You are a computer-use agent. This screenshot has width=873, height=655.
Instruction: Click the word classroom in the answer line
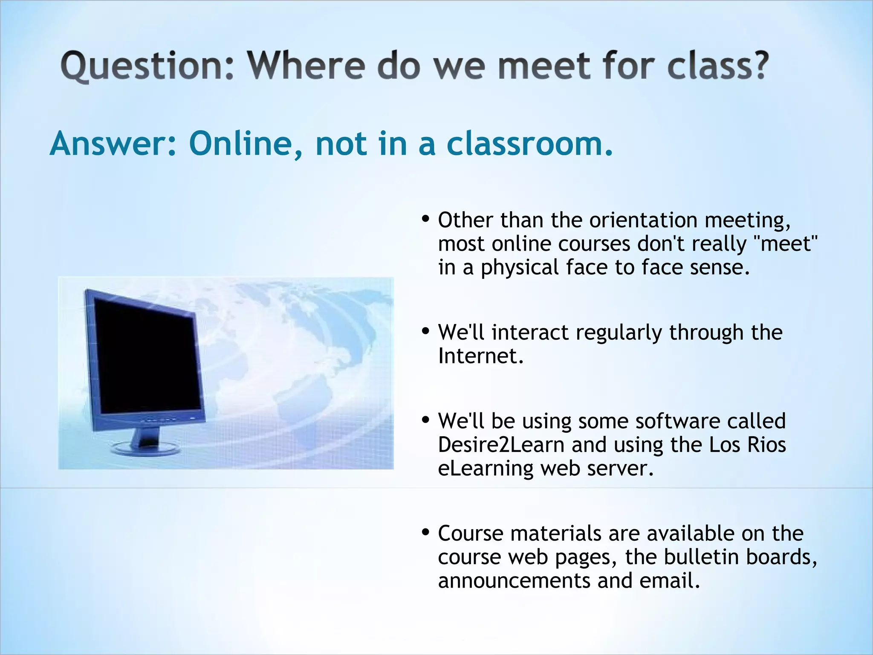tap(529, 144)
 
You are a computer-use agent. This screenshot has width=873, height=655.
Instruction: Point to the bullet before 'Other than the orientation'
tap(425, 219)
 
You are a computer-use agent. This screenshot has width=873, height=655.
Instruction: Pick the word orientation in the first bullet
tap(643, 220)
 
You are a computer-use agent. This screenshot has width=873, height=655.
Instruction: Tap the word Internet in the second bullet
tap(480, 356)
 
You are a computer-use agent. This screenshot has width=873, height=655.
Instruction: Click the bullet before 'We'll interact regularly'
tap(425, 331)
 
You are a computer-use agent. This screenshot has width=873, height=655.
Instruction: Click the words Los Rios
tap(747, 445)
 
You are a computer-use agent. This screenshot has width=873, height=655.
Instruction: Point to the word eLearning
tap(486, 468)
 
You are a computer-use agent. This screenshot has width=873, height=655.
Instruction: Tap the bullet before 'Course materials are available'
tap(425, 532)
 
